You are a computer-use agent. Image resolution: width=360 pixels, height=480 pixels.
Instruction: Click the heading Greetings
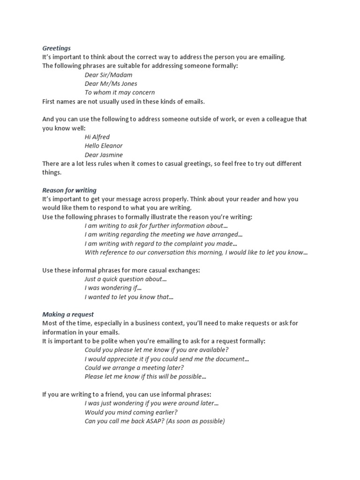point(56,48)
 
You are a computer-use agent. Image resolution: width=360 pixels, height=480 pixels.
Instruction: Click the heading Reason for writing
point(69,190)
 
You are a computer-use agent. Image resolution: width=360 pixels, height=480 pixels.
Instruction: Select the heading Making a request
point(68,315)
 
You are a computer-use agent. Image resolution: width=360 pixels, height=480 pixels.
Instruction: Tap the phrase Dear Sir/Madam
point(108,75)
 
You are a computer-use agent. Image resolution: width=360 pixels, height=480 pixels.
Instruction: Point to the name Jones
point(128,83)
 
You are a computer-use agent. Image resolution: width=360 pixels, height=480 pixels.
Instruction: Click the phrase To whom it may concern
point(120,92)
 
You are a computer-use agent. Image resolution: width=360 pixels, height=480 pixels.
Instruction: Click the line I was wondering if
point(113,288)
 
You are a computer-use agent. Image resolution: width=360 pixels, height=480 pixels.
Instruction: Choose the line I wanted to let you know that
point(129,297)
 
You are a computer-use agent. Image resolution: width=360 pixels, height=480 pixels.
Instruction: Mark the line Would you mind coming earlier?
point(131,412)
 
